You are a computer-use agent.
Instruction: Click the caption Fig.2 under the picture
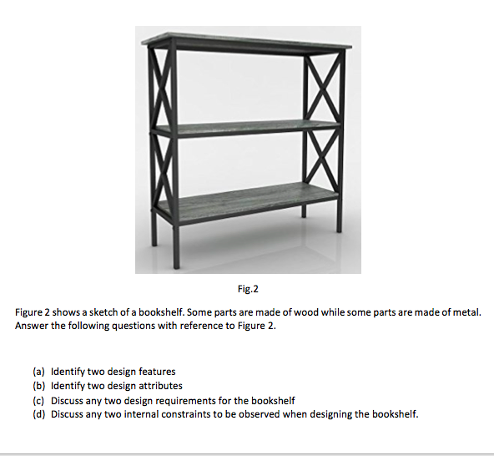coord(248,290)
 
